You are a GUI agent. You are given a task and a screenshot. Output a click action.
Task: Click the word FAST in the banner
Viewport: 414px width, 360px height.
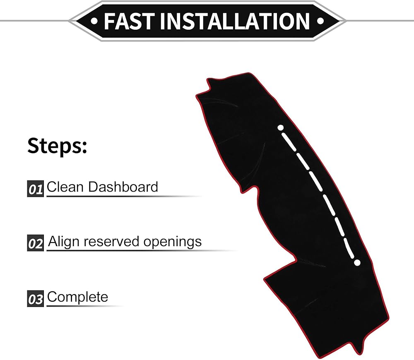point(130,21)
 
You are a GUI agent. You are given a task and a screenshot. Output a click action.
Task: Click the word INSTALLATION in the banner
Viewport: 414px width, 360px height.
point(235,21)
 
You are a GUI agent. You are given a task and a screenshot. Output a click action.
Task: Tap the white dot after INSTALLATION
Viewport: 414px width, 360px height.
point(320,20)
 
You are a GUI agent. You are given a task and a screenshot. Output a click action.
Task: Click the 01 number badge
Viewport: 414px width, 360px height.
point(36,189)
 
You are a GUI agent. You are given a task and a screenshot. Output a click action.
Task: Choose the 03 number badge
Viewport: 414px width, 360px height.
point(36,299)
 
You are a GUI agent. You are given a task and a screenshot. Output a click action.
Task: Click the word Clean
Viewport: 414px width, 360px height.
point(65,187)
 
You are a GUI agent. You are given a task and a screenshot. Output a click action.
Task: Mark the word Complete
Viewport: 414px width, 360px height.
point(77,297)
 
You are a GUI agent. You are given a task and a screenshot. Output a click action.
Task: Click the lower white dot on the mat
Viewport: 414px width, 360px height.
point(357,262)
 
